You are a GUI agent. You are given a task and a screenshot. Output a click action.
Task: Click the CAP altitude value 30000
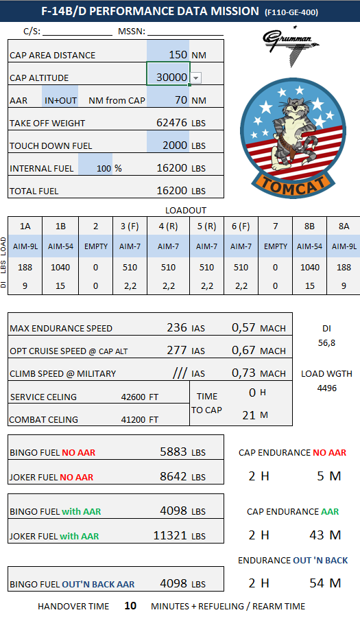coord(171,78)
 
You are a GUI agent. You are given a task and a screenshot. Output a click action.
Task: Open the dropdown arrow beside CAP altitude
coord(196,78)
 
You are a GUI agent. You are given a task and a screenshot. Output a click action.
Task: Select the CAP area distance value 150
coord(178,55)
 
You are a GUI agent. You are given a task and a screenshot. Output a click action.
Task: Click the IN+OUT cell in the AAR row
coord(60,100)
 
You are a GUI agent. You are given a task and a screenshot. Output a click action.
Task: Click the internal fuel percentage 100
coord(104,168)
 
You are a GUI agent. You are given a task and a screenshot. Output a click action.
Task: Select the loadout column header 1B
coord(60,226)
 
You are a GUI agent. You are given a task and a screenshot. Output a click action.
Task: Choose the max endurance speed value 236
coord(177,328)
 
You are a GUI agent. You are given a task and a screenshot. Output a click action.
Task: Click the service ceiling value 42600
coord(134,397)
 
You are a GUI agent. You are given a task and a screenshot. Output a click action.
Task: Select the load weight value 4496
coord(327,388)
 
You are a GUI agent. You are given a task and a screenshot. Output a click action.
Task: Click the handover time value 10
coord(130,606)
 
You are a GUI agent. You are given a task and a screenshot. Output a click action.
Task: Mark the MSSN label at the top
coord(130,32)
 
